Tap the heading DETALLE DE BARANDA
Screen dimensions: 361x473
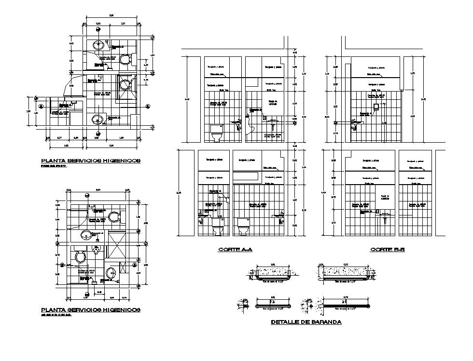coord(306,322)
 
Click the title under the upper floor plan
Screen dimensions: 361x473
coord(91,160)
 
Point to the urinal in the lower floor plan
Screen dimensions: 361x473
coord(97,251)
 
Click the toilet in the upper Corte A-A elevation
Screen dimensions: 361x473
coord(216,133)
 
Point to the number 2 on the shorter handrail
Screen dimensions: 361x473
coord(273,302)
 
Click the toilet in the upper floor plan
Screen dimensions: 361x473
coord(125,60)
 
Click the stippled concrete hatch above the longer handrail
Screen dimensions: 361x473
coord(344,272)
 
